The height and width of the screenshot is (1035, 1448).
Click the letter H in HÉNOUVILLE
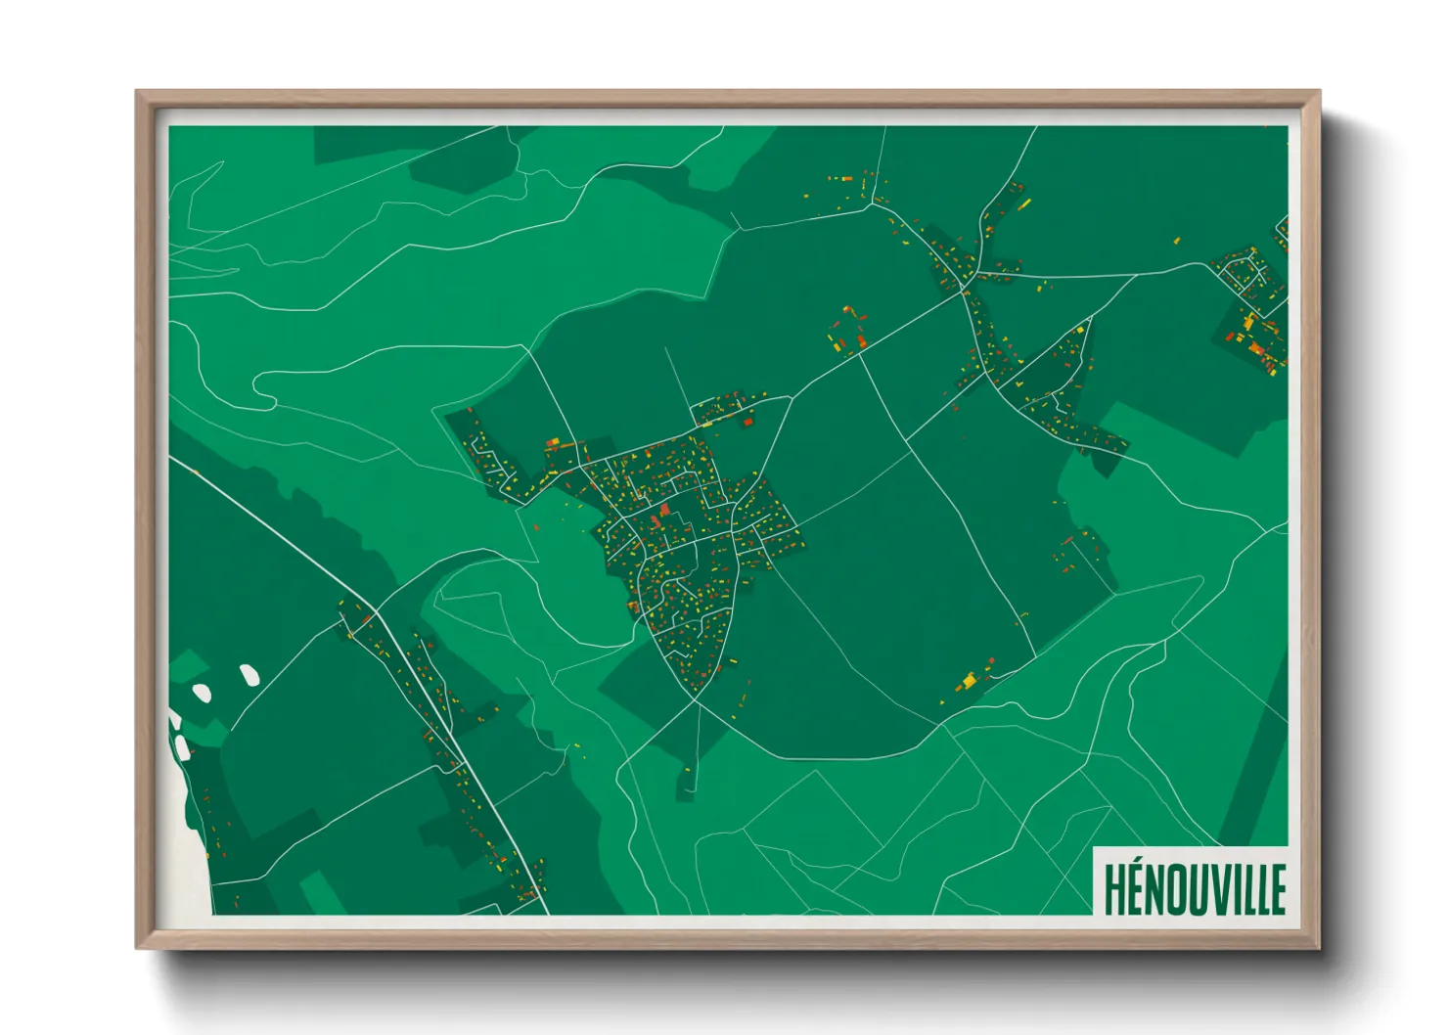[x=1114, y=889]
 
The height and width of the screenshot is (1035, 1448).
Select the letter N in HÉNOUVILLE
[x=1155, y=889]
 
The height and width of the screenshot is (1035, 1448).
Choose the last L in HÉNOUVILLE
[x=1262, y=889]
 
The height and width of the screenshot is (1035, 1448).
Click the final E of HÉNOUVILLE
[x=1277, y=889]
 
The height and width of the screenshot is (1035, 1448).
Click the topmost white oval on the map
[x=249, y=674]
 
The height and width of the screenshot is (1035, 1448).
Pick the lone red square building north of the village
[x=748, y=422]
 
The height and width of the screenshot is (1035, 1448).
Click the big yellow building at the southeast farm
[x=970, y=678]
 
